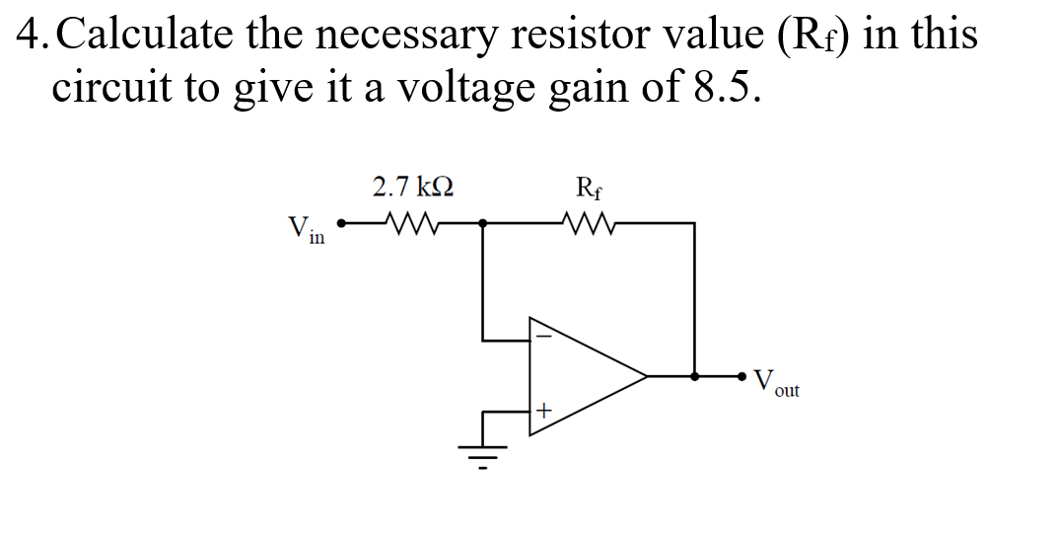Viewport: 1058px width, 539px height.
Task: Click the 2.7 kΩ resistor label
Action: [x=413, y=186]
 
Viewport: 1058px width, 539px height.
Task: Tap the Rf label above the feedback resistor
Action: [x=584, y=186]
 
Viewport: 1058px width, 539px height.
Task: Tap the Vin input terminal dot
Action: [x=341, y=223]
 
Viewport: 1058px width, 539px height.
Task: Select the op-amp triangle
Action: [x=582, y=375]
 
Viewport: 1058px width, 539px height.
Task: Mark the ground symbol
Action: [x=484, y=450]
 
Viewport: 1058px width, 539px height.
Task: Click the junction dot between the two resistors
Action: [x=483, y=223]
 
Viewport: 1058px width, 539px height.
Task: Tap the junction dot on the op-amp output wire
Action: [x=695, y=376]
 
